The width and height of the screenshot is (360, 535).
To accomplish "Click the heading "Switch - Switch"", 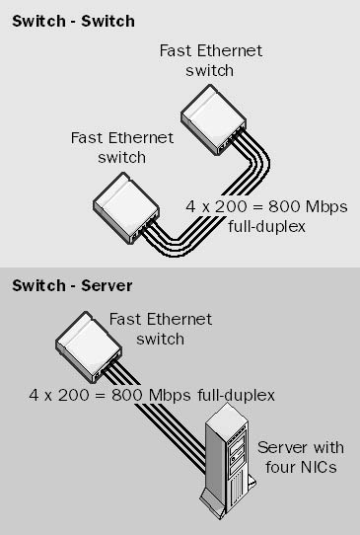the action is click(x=73, y=22).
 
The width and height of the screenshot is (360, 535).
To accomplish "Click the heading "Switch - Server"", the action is click(x=72, y=285).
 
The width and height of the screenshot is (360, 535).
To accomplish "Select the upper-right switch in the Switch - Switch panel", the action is click(x=213, y=119).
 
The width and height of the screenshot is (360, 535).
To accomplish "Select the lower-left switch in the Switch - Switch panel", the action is click(x=126, y=208).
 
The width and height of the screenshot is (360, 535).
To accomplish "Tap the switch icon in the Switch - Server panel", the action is click(x=89, y=346).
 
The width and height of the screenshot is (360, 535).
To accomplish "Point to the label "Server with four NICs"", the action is click(x=301, y=457).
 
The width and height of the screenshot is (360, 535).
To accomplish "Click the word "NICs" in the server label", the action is click(x=318, y=467).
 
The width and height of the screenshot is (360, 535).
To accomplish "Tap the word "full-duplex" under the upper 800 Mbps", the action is click(x=266, y=227).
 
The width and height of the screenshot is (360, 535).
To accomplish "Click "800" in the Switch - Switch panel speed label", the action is click(x=283, y=206).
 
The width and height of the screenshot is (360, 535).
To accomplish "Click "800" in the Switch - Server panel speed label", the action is click(x=126, y=396).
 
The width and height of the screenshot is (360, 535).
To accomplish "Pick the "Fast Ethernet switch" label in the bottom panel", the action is click(x=161, y=330).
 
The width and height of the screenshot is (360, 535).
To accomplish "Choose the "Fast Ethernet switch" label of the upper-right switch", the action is click(x=211, y=61).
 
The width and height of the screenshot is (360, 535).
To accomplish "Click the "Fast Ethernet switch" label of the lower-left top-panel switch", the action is click(x=122, y=148).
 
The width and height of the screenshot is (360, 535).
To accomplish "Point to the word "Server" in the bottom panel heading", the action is click(x=107, y=285).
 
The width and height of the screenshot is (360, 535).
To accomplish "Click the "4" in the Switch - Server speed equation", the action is click(x=35, y=396).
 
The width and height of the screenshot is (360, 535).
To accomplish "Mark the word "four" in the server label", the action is click(x=280, y=467).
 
